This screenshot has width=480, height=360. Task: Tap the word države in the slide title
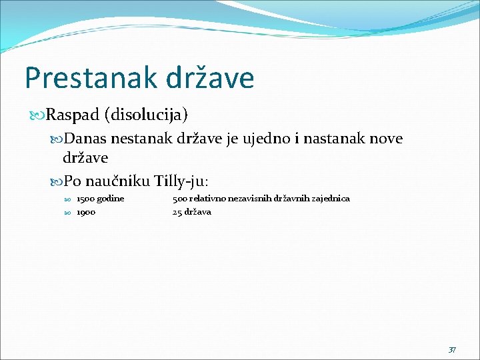coord(208,78)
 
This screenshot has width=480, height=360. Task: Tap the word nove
coord(386,139)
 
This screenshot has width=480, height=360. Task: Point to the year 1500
coord(85,199)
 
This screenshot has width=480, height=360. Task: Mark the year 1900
coord(86,212)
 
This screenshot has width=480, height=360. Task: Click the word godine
coord(110,199)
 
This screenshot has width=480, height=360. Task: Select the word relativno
coord(206,199)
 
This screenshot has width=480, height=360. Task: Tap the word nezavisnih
coord(247,199)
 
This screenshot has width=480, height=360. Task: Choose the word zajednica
coord(329,199)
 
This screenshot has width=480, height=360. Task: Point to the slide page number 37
coord(452,349)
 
